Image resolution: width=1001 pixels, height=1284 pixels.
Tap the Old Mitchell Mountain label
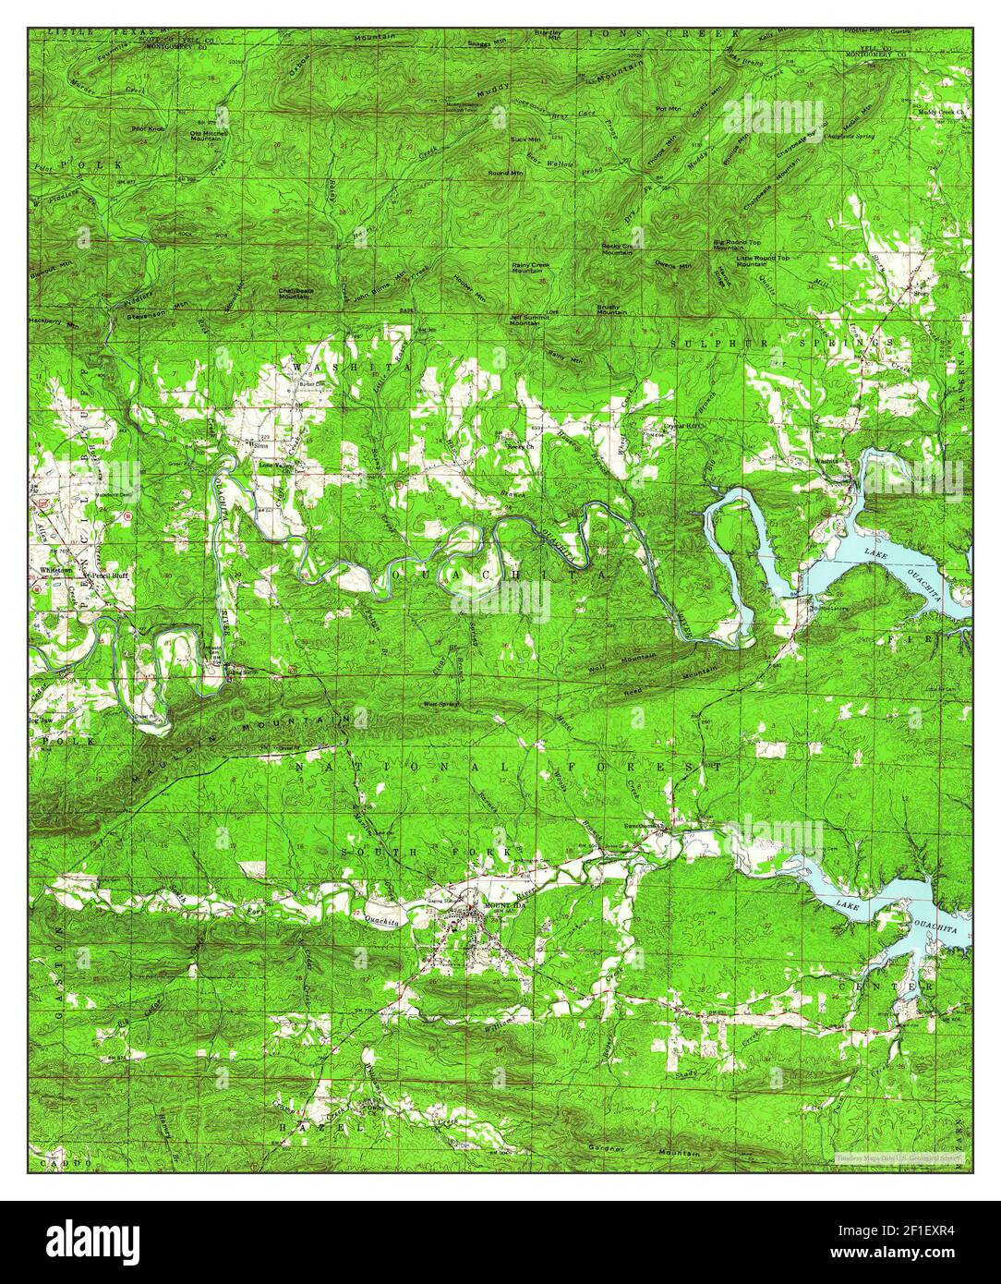tap(209, 137)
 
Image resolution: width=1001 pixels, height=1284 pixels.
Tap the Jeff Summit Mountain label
tap(525, 320)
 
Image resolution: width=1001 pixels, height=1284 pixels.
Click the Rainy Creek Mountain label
tap(527, 268)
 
